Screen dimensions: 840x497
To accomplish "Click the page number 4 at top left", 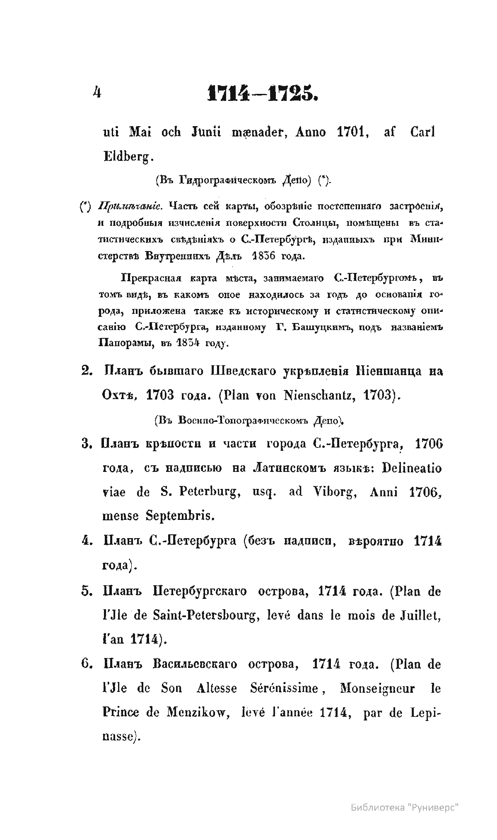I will (97, 93).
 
